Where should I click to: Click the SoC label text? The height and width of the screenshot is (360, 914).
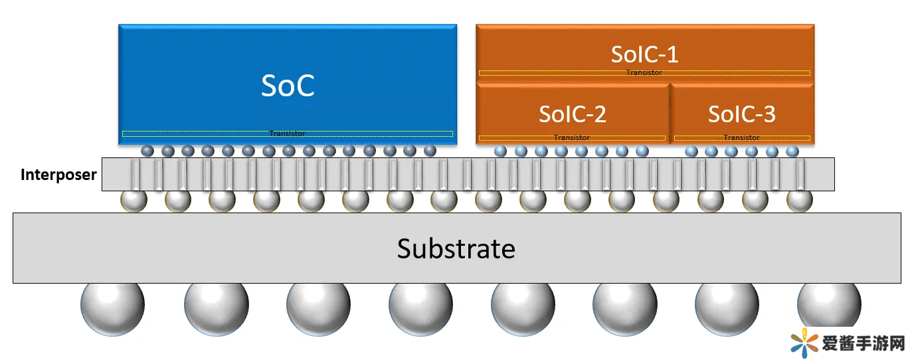(x=288, y=86)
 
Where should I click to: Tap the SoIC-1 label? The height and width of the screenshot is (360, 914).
(x=644, y=54)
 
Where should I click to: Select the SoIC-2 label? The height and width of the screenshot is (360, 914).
(x=572, y=114)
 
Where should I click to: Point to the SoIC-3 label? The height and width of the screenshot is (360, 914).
(x=741, y=114)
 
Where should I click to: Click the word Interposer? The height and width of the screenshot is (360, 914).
(x=58, y=175)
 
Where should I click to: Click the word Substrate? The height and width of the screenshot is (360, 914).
(x=456, y=248)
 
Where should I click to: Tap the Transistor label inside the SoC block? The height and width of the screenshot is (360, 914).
(x=287, y=134)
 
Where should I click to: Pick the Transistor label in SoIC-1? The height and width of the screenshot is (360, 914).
(x=644, y=72)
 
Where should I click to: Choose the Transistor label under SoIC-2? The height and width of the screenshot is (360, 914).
(x=571, y=137)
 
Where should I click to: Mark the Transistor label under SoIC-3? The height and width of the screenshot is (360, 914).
(x=741, y=137)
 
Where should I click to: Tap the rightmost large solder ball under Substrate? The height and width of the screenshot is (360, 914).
(x=829, y=306)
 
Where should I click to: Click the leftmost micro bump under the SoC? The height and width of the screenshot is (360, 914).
(x=147, y=151)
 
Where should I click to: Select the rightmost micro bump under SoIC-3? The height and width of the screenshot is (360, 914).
(x=792, y=151)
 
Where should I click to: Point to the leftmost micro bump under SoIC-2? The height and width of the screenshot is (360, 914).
(x=500, y=151)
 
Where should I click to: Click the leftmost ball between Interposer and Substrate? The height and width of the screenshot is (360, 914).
(x=133, y=199)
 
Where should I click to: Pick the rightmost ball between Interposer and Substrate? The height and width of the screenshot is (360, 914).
(x=799, y=199)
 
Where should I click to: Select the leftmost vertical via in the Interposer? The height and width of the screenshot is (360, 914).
(x=136, y=175)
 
